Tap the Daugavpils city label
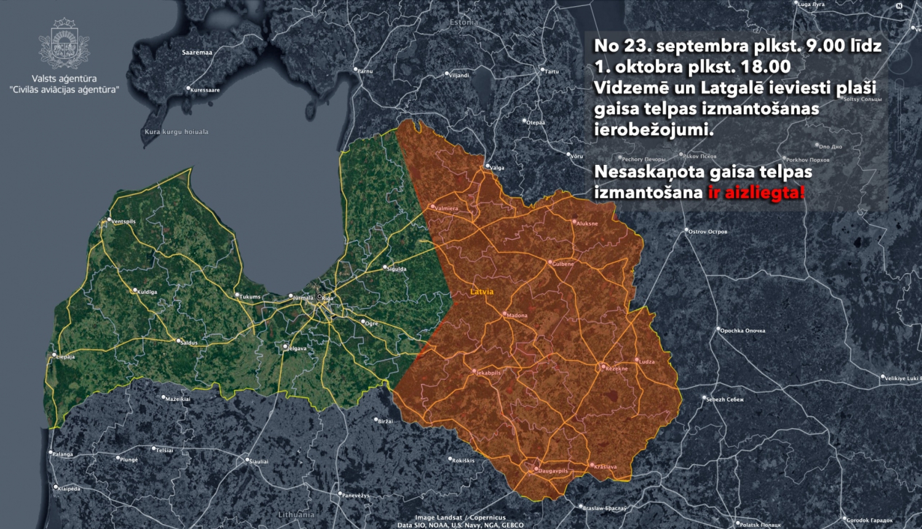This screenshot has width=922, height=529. (553, 471)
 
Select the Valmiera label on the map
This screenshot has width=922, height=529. (446, 209)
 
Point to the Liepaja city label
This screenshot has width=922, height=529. (65, 357)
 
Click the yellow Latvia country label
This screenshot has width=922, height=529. (482, 292)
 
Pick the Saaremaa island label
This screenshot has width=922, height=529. (197, 52)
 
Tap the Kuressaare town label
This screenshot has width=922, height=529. (205, 90)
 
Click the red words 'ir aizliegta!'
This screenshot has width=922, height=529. (756, 193)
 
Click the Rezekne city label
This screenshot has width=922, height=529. (617, 368)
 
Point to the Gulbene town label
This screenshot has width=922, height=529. (563, 264)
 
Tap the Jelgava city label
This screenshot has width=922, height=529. (297, 349)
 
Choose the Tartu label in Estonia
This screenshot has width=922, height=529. (551, 71)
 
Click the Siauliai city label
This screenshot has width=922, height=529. (259, 461)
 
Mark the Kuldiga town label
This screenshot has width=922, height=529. (147, 292)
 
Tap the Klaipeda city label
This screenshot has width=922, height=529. (69, 489)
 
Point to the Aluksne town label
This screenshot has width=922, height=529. (587, 224)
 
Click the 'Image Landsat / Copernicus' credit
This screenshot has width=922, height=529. (460, 517)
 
